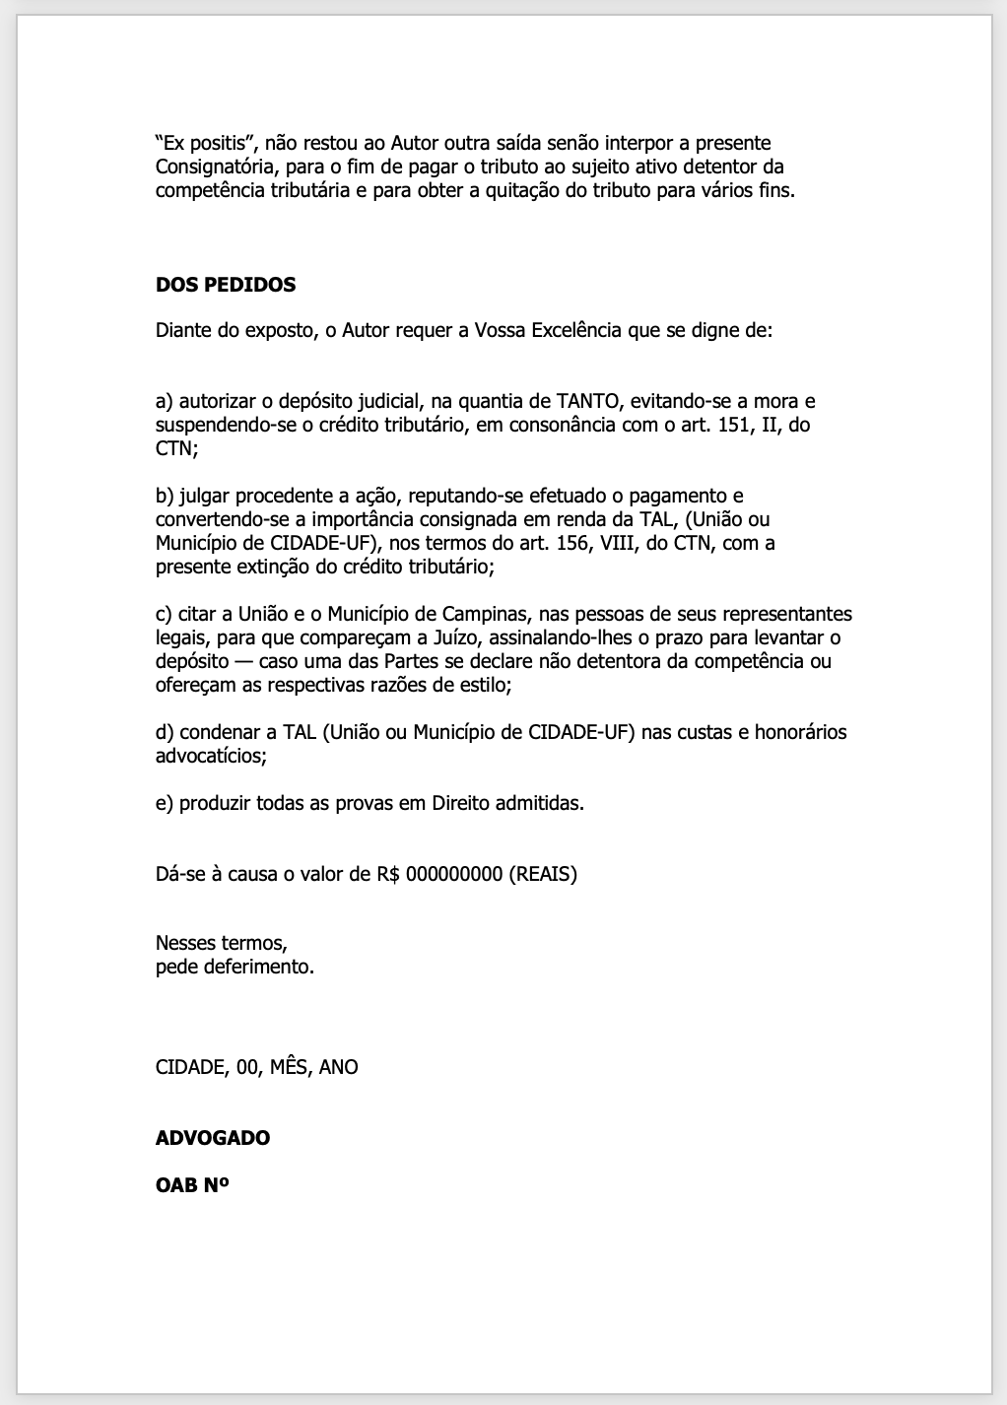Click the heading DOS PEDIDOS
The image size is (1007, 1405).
[226, 285]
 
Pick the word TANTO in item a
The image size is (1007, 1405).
[588, 401]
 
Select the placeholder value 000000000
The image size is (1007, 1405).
[453, 874]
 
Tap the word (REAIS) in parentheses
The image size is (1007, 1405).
[543, 874]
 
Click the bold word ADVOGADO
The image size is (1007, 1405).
[213, 1138]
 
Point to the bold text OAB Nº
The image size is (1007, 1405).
[192, 1185]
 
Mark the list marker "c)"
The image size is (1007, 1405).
[164, 614]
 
